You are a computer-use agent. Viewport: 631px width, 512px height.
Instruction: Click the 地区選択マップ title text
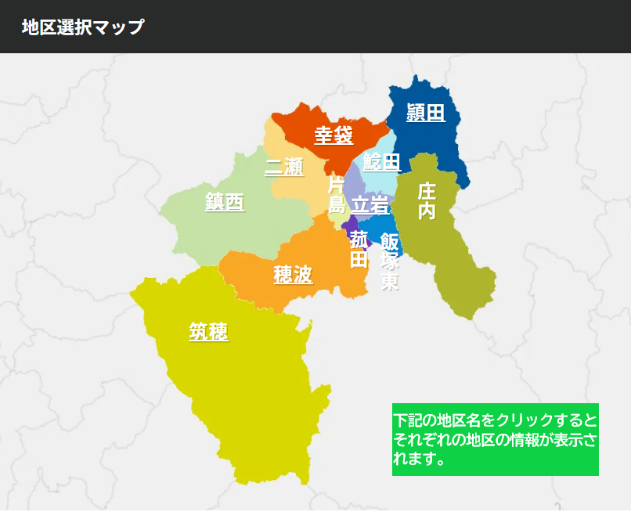pyautogui.click(x=83, y=27)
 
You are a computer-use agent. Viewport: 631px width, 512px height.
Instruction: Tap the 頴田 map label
pyautogui.click(x=426, y=113)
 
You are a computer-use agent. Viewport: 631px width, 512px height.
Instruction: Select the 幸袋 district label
pyautogui.click(x=334, y=135)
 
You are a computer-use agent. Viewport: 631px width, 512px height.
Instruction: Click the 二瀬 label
pyautogui.click(x=284, y=166)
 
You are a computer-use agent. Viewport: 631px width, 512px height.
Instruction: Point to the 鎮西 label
pyautogui.click(x=225, y=202)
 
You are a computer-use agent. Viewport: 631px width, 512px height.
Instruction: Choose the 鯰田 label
pyautogui.click(x=382, y=162)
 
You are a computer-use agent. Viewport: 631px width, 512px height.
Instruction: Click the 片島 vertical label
pyautogui.click(x=336, y=195)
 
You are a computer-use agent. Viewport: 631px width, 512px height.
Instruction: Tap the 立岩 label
pyautogui.click(x=370, y=205)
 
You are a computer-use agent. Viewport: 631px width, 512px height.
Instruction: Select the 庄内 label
pyautogui.click(x=427, y=201)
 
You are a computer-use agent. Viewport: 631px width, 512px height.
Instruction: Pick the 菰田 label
pyautogui.click(x=359, y=249)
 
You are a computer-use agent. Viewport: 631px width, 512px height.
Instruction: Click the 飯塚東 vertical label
pyautogui.click(x=390, y=261)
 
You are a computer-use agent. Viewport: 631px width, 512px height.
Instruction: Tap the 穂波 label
pyautogui.click(x=293, y=275)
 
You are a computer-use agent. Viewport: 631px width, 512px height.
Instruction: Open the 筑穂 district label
pyautogui.click(x=208, y=332)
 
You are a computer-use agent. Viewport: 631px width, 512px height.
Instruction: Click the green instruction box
pyautogui.click(x=495, y=439)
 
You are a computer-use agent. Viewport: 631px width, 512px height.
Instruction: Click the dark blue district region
pyautogui.click(x=443, y=141)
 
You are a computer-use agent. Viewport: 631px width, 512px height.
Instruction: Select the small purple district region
pyautogui.click(x=348, y=224)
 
